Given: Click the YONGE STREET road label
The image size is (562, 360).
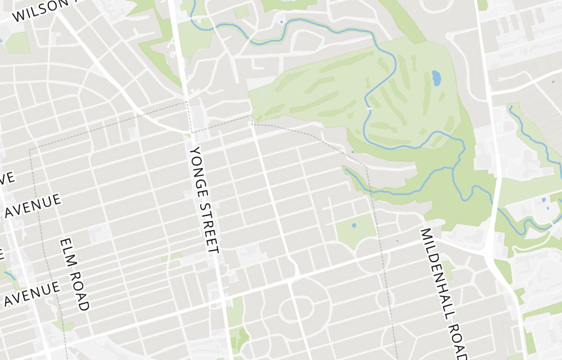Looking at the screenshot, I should (203, 200).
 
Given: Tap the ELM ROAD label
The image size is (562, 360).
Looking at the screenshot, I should (75, 274).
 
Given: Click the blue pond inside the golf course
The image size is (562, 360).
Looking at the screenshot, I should (436, 78).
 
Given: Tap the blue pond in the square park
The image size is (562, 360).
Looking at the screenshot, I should (353, 226).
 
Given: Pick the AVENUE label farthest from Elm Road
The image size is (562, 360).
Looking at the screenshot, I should (33, 206).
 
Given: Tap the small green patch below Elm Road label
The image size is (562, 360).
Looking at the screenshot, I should (62, 325).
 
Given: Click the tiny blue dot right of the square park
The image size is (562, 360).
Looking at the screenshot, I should (397, 241).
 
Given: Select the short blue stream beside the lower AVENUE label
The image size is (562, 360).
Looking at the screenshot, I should (8, 275).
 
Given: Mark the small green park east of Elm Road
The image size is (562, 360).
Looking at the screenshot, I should (172, 256).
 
